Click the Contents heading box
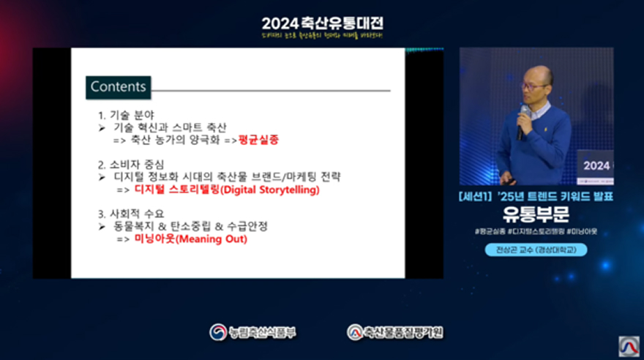(118, 86)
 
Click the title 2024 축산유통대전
(322, 23)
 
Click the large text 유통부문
(536, 214)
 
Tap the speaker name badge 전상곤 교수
(536, 249)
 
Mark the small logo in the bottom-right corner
(629, 345)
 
